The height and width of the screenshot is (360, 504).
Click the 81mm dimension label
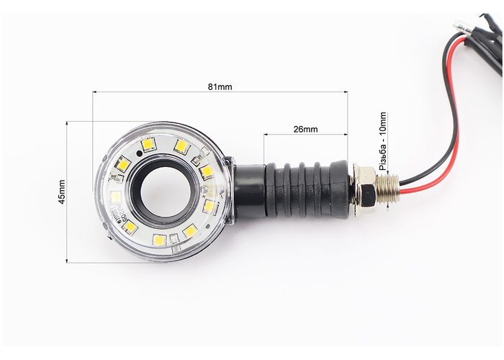tap(220, 87)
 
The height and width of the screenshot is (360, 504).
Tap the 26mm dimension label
tap(305, 129)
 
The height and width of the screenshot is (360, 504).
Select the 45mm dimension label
tap(61, 192)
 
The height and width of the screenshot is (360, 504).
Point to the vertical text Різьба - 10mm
tap(383, 141)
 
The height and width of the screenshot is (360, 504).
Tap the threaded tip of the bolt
tap(388, 187)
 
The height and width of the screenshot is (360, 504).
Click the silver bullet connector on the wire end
tap(462, 27)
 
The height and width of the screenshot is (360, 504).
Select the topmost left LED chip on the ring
tap(148, 144)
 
